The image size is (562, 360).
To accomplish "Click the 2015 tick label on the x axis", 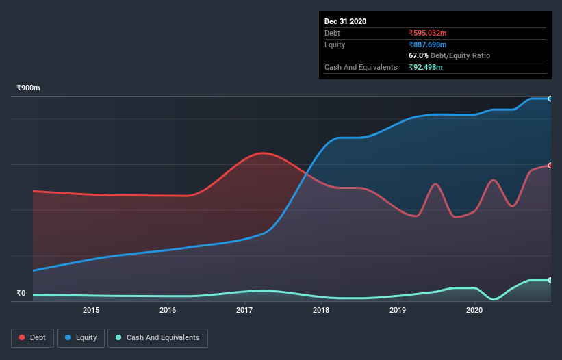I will click(x=91, y=310).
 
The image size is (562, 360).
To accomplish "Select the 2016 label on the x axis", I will click(x=168, y=310).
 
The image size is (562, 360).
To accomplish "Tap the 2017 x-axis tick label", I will click(x=244, y=310).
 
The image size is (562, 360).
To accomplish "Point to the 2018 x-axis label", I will click(x=321, y=310).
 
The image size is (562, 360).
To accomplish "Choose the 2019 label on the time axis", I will click(x=398, y=310).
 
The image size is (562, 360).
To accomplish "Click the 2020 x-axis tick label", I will click(x=474, y=310).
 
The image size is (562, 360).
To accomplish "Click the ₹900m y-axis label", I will click(x=29, y=88).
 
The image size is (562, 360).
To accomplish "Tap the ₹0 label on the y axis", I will click(x=21, y=294).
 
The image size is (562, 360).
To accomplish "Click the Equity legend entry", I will click(x=81, y=337).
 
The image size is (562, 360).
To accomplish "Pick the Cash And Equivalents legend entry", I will click(x=157, y=337).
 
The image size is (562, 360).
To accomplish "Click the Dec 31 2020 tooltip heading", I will click(x=345, y=21).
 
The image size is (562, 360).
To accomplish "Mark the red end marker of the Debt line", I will click(x=550, y=166).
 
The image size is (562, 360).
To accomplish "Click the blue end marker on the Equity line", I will click(x=550, y=99).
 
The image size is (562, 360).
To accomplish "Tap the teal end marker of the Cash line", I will click(x=550, y=280).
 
